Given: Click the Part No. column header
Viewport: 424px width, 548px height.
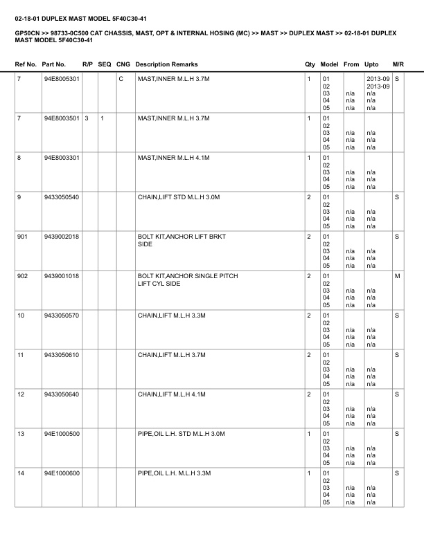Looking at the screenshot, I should (x=53, y=64).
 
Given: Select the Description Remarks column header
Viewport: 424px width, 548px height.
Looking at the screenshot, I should (x=166, y=64).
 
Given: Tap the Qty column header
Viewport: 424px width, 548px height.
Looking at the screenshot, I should (x=310, y=64).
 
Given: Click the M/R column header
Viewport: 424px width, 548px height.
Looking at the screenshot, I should (x=398, y=64).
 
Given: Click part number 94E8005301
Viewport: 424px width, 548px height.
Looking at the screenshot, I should (x=62, y=80).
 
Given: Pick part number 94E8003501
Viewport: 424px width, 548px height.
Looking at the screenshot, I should (x=62, y=119).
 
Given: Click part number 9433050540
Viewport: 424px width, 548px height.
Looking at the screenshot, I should (x=61, y=198).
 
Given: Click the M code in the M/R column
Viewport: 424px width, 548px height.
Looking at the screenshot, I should (x=398, y=277).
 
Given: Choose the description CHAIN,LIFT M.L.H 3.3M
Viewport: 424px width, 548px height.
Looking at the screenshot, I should (x=174, y=316).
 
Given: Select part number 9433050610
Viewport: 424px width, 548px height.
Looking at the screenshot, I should (x=61, y=356).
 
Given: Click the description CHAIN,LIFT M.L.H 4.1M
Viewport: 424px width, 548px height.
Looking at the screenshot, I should (x=174, y=395).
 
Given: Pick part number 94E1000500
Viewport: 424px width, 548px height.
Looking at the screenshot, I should (x=62, y=435).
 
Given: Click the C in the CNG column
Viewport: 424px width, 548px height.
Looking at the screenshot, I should (x=121, y=80).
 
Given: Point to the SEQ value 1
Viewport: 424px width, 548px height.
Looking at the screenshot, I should (x=102, y=119).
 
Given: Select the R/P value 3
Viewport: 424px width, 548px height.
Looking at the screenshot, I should (x=87, y=119).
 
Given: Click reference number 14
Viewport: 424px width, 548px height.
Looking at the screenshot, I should (x=20, y=474).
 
